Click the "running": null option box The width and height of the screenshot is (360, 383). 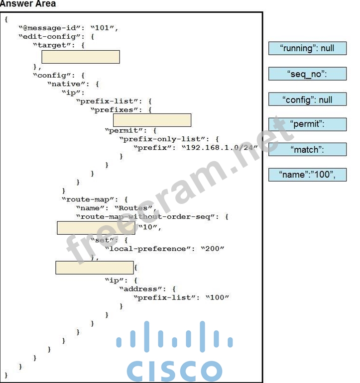coord(307,48)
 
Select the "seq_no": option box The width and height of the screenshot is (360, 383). coord(307,74)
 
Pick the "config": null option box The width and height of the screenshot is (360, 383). coord(307,99)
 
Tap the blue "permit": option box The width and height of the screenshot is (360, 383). coord(307,124)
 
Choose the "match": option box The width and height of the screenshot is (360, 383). coord(307,149)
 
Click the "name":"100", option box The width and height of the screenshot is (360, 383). coord(307,175)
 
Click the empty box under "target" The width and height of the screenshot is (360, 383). coord(81,57)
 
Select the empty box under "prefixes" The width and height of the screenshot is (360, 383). coord(152,120)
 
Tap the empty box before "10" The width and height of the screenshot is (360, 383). coord(96,228)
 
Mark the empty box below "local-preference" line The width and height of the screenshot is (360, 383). coord(94,268)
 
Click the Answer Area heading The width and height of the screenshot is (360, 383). coord(28,4)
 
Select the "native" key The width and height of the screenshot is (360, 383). coord(68,84)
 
